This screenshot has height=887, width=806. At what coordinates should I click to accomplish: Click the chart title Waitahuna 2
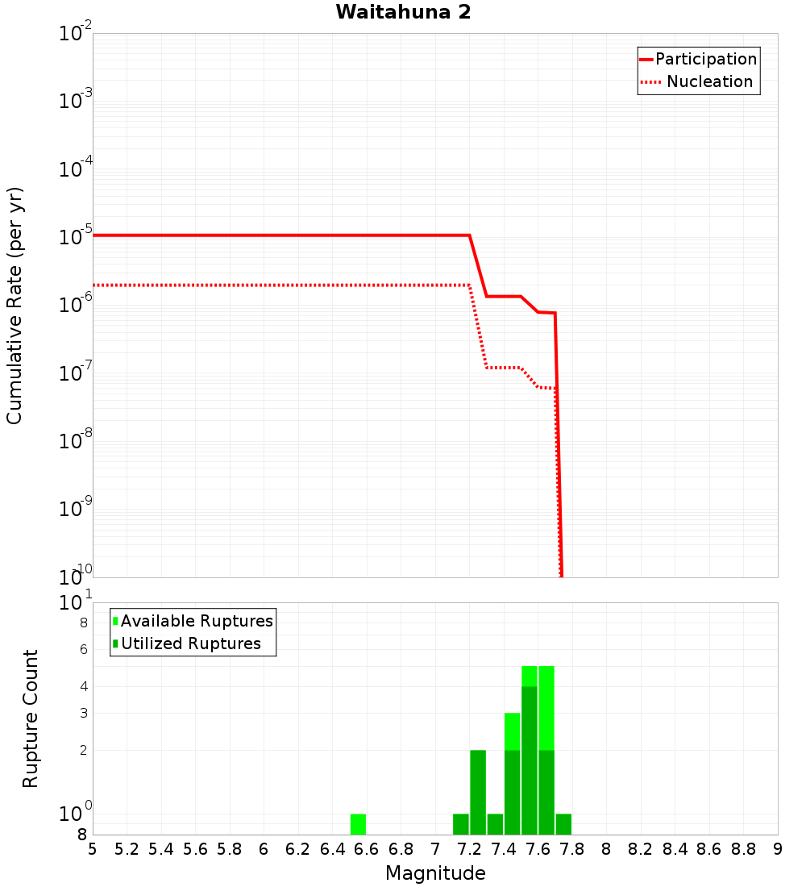pyautogui.click(x=403, y=12)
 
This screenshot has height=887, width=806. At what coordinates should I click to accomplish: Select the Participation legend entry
pyautogui.click(x=705, y=59)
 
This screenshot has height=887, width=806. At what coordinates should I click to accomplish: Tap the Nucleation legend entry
pyautogui.click(x=708, y=81)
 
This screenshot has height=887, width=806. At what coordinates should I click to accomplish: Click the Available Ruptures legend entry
pyautogui.click(x=197, y=621)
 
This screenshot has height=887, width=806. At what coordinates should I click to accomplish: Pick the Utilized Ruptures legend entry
pyautogui.click(x=190, y=643)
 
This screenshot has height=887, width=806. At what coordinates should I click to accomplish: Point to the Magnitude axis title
pyautogui.click(x=435, y=873)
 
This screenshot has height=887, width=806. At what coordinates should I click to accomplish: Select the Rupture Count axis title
pyautogui.click(x=31, y=718)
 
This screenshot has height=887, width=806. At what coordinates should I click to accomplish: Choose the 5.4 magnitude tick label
pyautogui.click(x=161, y=848)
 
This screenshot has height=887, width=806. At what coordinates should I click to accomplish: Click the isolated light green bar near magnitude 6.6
pyautogui.click(x=358, y=824)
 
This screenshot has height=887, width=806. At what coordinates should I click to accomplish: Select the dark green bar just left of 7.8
pyautogui.click(x=563, y=824)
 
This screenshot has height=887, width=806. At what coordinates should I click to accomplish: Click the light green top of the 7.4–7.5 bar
pyautogui.click(x=512, y=731)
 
